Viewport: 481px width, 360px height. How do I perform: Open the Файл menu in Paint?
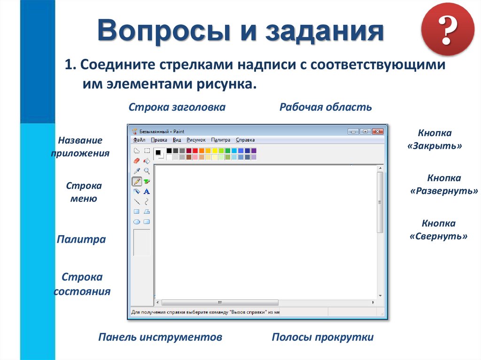(139, 139)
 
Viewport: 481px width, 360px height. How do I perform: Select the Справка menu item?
(245, 139)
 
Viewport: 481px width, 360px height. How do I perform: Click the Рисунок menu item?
(196, 139)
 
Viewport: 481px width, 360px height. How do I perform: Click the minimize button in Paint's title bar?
(353, 131)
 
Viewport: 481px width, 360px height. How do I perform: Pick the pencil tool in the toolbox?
(137, 181)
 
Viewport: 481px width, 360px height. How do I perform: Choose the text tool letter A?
(147, 191)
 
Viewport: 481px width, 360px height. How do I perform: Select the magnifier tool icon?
(147, 171)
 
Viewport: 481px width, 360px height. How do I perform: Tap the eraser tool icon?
(137, 161)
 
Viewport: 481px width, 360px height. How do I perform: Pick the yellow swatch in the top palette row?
(215, 151)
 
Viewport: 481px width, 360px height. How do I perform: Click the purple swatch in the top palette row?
(254, 151)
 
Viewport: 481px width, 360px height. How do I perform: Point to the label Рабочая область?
(326, 107)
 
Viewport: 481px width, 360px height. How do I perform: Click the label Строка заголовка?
(177, 107)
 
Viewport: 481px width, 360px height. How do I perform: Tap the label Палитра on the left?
(81, 239)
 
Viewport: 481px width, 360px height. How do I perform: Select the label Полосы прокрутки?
(323, 337)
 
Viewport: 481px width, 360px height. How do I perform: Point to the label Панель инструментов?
(160, 337)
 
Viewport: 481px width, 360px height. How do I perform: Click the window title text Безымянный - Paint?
(156, 131)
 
